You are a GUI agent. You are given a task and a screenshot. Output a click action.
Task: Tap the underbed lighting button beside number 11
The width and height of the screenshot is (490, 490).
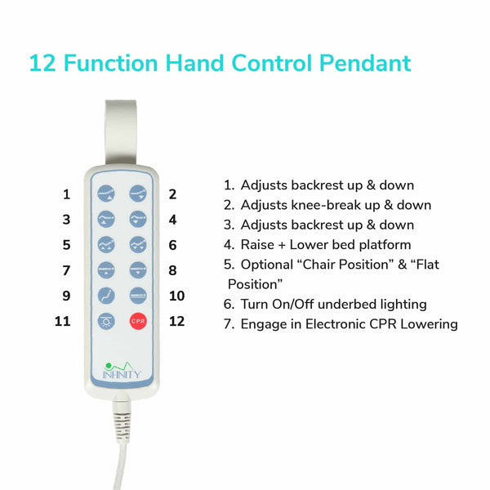(106, 321)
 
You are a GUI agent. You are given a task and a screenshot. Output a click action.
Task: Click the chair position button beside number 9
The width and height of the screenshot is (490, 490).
(106, 296)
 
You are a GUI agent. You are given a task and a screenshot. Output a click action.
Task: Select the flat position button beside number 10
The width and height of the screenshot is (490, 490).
(138, 296)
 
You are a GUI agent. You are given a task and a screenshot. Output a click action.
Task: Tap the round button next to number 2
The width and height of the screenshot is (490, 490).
(138, 194)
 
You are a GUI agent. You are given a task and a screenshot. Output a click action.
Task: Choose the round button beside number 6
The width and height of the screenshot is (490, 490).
(138, 244)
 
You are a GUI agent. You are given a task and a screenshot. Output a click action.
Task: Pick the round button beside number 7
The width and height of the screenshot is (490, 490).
(106, 270)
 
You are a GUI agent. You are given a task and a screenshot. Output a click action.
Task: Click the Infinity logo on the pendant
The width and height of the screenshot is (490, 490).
(122, 371)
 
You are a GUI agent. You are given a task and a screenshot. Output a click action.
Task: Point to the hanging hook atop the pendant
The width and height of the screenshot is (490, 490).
(121, 133)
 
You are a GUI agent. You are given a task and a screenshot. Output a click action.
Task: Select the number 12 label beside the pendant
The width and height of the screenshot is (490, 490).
(177, 321)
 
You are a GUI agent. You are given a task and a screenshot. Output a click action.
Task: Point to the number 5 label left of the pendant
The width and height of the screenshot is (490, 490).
(67, 245)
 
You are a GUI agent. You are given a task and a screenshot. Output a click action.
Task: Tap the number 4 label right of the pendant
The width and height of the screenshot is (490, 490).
(173, 220)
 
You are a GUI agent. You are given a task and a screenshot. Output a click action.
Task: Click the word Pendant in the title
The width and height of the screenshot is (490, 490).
(365, 63)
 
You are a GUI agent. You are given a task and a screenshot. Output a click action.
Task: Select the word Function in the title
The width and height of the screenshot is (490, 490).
(110, 63)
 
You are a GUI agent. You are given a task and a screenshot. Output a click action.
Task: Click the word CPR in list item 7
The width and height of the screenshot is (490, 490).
(383, 324)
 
